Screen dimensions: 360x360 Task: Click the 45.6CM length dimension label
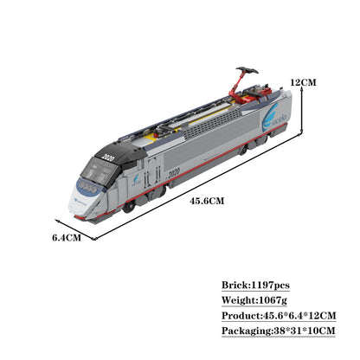pyautogui.click(x=208, y=202)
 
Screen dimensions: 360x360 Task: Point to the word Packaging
pyautogui.click(x=245, y=331)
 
